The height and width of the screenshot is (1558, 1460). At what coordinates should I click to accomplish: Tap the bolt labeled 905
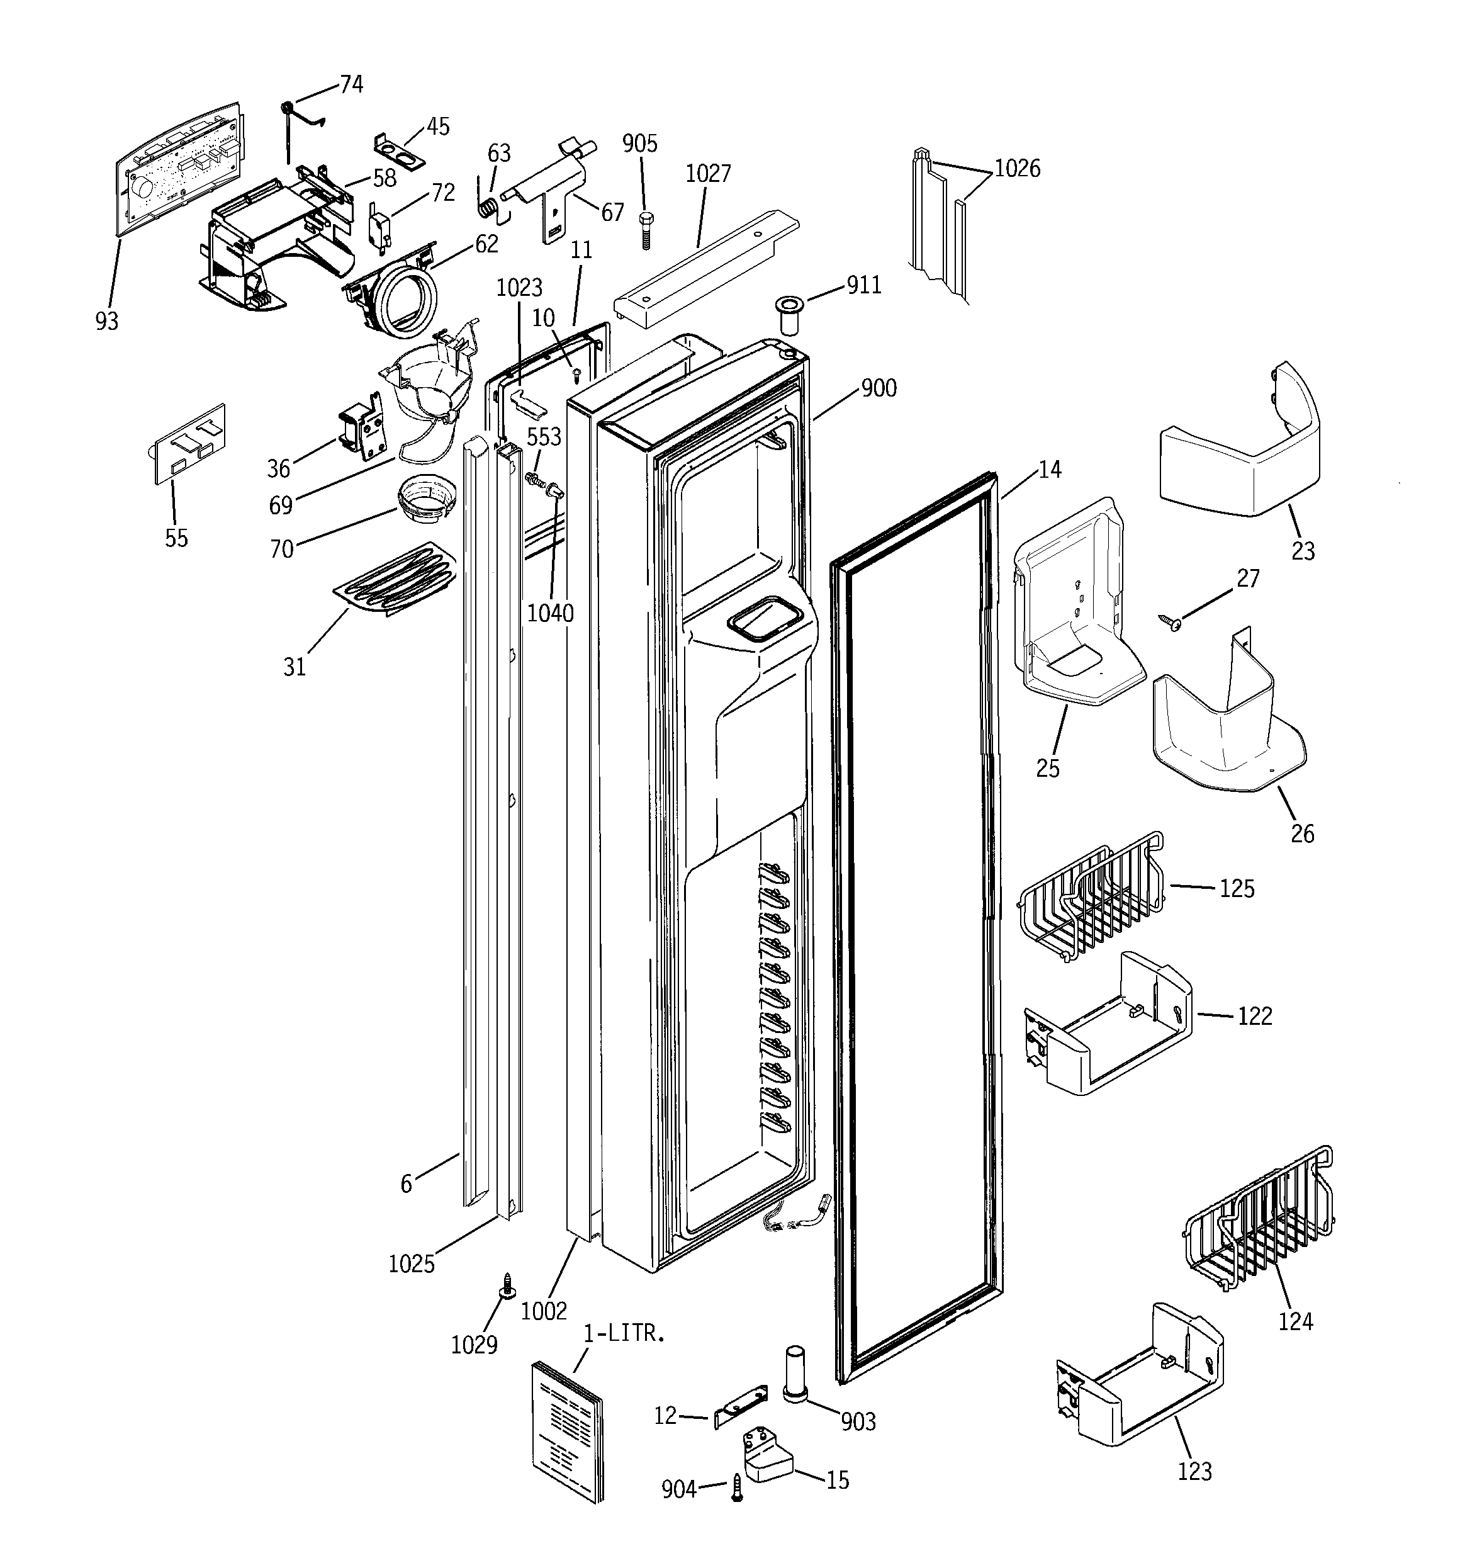click(646, 230)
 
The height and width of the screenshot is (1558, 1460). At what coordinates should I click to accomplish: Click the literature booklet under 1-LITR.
click(568, 1430)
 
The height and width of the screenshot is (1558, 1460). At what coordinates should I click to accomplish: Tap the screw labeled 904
click(737, 1487)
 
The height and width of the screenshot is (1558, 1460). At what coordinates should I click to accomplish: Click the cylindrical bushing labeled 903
click(795, 1374)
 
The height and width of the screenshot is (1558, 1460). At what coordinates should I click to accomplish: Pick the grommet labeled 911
click(788, 313)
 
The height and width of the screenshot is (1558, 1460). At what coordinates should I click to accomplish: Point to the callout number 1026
click(1017, 169)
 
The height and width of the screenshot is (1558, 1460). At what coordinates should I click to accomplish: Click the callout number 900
click(879, 388)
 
